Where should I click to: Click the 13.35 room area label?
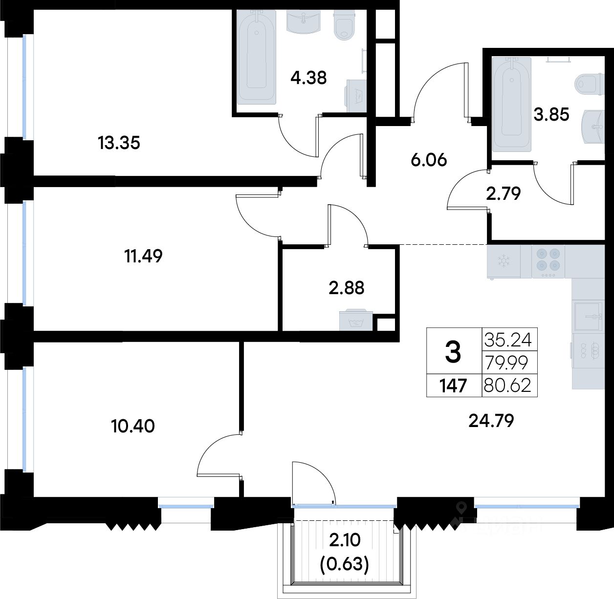[x=119, y=143]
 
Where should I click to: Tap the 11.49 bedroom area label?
[x=144, y=256]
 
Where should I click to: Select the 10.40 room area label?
[x=133, y=426]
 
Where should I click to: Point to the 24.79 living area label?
[x=491, y=421]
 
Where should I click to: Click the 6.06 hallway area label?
[x=429, y=160]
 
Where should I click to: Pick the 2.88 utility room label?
[x=347, y=288]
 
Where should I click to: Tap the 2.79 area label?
[x=503, y=193]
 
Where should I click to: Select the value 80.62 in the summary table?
[x=507, y=385]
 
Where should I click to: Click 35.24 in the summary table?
[x=508, y=340]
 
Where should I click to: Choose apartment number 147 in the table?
[x=453, y=385]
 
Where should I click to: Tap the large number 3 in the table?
[x=453, y=352]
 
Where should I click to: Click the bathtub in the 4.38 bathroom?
[x=257, y=57]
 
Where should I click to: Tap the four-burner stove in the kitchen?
[x=548, y=262]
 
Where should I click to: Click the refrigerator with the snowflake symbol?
[x=504, y=262]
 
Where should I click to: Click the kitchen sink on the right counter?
[x=588, y=317]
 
